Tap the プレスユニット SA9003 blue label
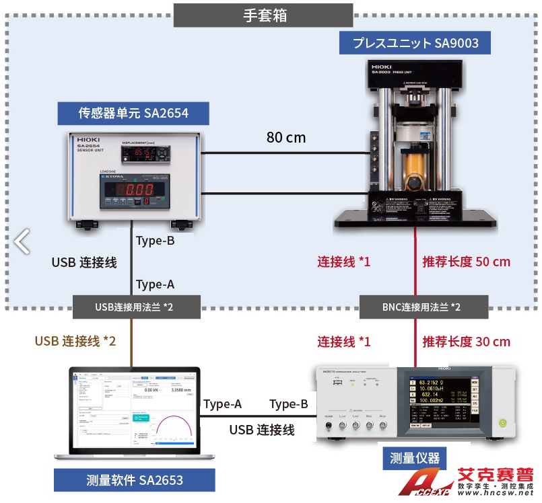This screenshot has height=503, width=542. coord(415,44)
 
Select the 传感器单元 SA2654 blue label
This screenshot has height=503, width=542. coord(133,113)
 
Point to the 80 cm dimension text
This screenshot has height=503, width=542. coord(285,138)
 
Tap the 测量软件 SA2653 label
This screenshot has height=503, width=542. coord(135,480)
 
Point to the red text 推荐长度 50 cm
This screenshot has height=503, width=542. coord(466,261)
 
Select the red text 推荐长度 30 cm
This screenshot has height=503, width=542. coord(466,342)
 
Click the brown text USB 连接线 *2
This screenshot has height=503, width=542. coord(75,342)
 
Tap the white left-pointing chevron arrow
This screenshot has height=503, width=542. coord(22,241)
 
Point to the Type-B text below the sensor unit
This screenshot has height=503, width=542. coord(156,241)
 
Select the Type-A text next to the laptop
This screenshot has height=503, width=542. coord(223,404)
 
